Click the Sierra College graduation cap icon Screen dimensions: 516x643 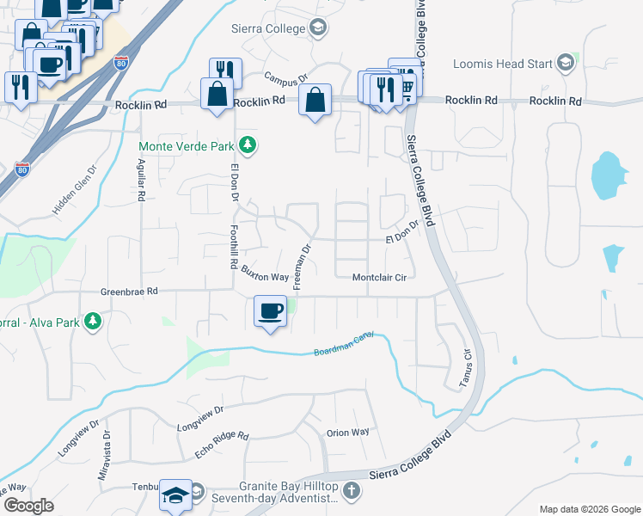[318, 28]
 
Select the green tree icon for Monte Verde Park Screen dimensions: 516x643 [248, 144]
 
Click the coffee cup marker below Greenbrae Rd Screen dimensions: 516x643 [271, 311]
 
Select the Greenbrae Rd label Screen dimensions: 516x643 [129, 292]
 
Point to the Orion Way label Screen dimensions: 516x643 [347, 432]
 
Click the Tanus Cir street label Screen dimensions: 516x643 [468, 366]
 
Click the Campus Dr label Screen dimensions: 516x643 [286, 78]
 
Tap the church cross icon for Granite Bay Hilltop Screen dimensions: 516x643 [350, 491]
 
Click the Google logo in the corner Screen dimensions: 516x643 [29, 506]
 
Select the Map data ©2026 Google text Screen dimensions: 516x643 [589, 509]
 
